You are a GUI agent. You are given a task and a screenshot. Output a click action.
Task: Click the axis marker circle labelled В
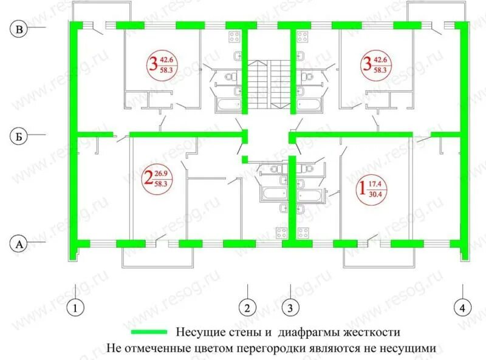19,29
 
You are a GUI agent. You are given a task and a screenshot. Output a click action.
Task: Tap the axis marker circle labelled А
19,244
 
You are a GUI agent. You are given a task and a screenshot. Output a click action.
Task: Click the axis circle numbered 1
75,308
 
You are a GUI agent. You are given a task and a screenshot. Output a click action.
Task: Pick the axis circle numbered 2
247,308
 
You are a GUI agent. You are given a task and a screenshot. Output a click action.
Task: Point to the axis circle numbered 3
290,308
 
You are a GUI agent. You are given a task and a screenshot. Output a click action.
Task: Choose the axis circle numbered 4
463,308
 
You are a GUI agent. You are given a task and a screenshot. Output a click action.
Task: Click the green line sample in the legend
148,333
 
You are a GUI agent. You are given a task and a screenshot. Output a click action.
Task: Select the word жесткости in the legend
371,333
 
